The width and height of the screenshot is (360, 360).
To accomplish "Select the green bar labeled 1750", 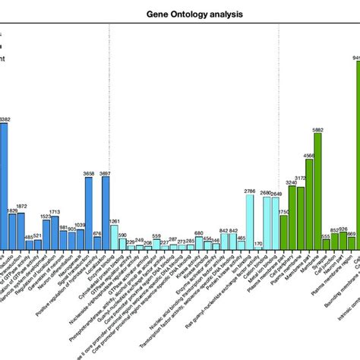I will click(284, 232).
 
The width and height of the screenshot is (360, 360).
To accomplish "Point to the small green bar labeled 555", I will click(326, 245).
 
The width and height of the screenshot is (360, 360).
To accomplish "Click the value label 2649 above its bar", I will click(275, 194).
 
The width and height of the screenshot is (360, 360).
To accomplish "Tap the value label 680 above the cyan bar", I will click(199, 233).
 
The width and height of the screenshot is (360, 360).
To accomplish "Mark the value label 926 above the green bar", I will click(343, 229).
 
